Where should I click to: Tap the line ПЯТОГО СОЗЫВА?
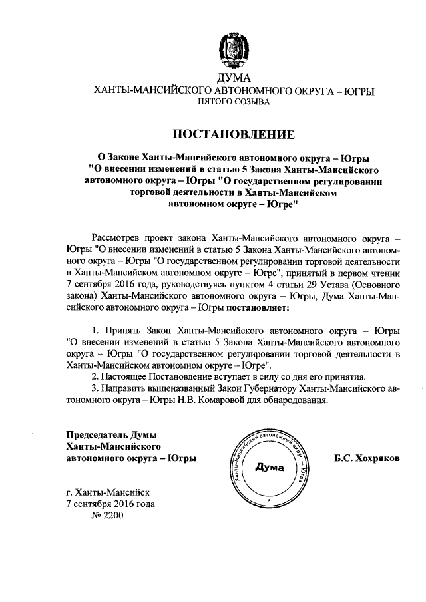click(x=232, y=103)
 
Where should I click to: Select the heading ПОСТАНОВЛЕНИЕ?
click(x=232, y=134)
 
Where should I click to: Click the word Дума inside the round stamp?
click(x=270, y=468)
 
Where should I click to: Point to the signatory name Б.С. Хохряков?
click(x=367, y=459)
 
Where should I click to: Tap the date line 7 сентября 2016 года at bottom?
click(x=110, y=504)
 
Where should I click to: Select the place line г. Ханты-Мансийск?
click(x=108, y=492)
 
